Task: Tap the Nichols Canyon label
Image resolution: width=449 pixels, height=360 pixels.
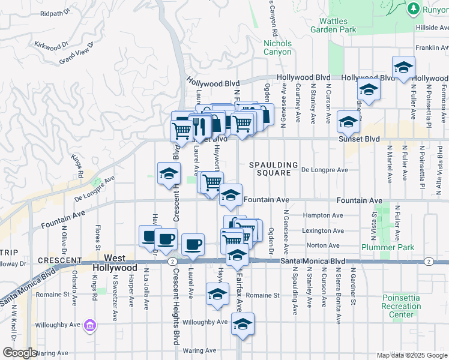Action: point(277,47)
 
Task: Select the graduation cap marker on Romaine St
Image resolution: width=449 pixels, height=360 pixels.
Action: point(217,294)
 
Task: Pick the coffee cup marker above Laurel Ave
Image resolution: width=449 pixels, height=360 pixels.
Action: point(193,244)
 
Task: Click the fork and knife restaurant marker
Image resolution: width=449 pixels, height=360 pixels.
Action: point(200,125)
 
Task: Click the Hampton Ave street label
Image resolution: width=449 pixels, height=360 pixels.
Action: point(324,215)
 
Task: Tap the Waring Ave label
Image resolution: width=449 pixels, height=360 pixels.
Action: point(199,350)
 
